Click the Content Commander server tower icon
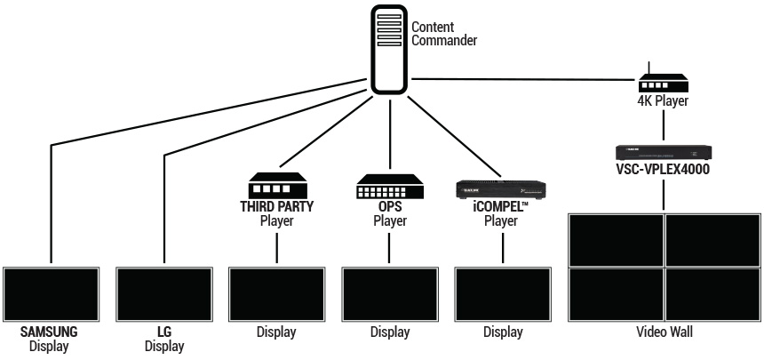tap(387, 48)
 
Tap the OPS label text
tap(389, 208)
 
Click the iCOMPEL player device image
tap(501, 188)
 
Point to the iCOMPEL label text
tap(503, 208)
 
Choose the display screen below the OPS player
tap(389, 293)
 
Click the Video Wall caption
tap(664, 332)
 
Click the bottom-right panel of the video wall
tap(712, 293)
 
